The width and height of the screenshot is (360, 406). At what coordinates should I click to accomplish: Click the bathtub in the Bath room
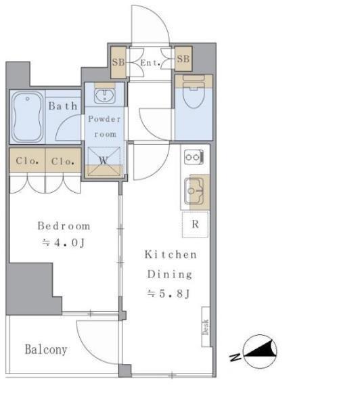click(x=28, y=117)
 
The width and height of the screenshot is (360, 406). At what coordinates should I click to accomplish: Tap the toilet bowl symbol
click(x=194, y=92)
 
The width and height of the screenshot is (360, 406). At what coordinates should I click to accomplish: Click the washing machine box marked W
click(x=104, y=161)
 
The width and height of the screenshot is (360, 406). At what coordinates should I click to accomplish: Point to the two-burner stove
click(x=194, y=157)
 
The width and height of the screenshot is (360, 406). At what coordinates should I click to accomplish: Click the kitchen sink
click(x=194, y=191)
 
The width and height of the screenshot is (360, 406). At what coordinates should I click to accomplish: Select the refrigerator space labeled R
click(x=195, y=224)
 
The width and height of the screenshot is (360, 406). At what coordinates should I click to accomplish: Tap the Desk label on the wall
click(x=206, y=327)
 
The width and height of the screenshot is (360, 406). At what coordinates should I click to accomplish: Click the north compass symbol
click(x=260, y=351)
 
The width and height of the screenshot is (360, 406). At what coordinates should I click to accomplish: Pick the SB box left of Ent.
click(x=118, y=62)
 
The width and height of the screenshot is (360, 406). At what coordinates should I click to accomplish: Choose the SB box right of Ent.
click(x=183, y=59)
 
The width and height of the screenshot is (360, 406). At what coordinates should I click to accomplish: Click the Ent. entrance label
click(x=150, y=63)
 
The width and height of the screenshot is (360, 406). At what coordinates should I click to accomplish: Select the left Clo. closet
click(x=27, y=160)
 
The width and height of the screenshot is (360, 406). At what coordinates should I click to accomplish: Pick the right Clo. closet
click(x=63, y=160)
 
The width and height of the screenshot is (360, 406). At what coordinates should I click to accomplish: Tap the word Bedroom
click(x=64, y=226)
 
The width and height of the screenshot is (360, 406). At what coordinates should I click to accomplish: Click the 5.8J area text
click(x=168, y=294)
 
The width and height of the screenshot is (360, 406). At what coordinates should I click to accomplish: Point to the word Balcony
click(x=46, y=350)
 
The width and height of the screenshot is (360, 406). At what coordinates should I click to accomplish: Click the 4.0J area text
click(x=64, y=243)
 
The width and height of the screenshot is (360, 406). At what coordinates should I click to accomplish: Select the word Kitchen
click(x=171, y=254)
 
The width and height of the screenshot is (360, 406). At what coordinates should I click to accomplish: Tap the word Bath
click(x=63, y=106)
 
